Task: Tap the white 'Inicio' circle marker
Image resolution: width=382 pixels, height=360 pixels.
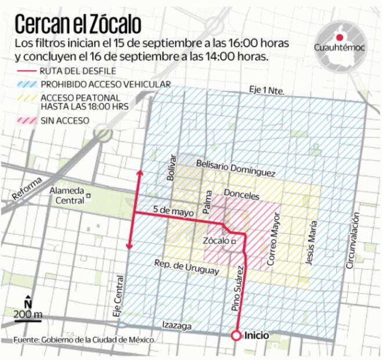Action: (x=236, y=336)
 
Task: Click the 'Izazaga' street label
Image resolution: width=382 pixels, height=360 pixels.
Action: (x=176, y=326)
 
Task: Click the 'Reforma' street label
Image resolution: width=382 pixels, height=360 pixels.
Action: (x=26, y=188)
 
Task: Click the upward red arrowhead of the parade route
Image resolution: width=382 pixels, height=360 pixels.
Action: (x=139, y=172)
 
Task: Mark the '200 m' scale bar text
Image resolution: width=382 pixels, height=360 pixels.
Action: (x=29, y=315)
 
